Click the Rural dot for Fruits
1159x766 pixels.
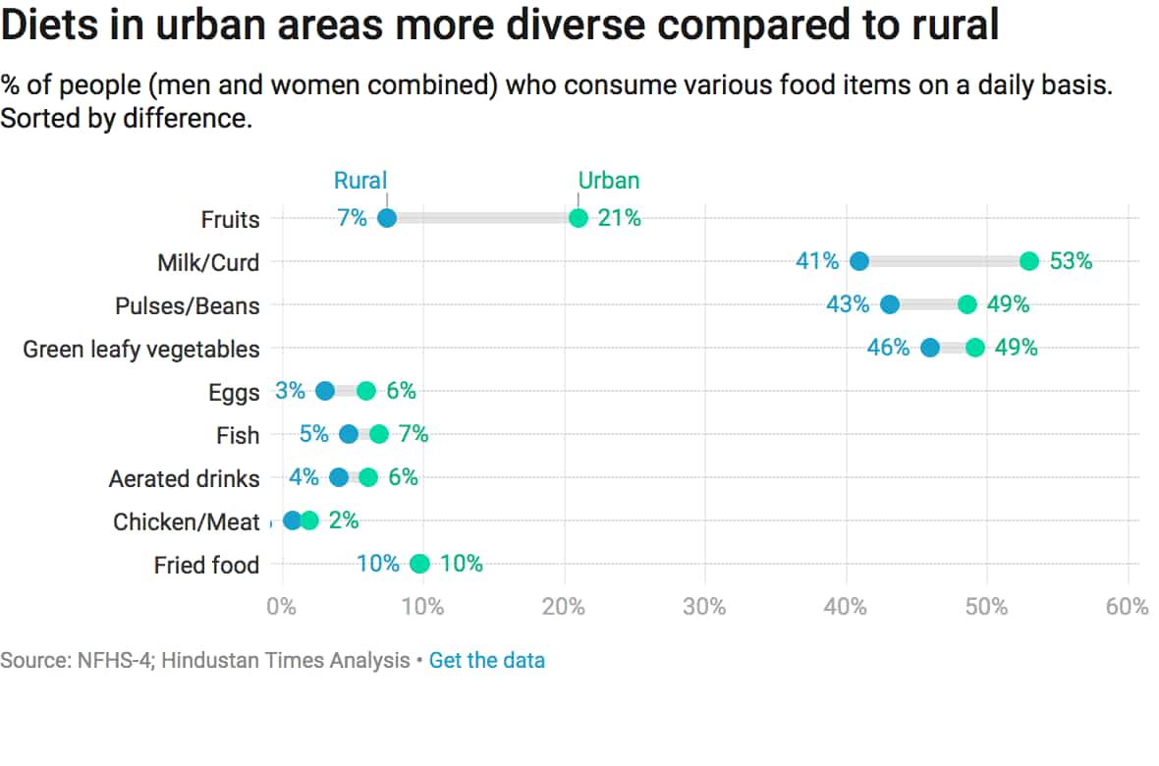387,218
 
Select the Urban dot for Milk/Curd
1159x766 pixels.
1028,261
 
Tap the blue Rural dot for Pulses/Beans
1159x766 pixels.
890,304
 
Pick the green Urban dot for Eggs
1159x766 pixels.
366,391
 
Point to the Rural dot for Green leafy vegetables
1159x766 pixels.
930,348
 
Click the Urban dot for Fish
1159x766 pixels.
379,434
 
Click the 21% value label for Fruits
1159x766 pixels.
620,218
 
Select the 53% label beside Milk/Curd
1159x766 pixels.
1071,261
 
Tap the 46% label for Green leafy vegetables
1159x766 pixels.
888,348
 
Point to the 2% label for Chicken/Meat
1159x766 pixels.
344,520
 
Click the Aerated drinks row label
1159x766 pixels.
184,478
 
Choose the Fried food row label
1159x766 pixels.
206,565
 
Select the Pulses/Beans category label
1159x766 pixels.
187,305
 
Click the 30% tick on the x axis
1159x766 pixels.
704,607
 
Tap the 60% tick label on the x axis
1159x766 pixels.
1127,607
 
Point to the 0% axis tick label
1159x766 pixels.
281,607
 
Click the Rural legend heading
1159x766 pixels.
360,181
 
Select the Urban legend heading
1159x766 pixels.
608,181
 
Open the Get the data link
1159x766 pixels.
486,660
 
